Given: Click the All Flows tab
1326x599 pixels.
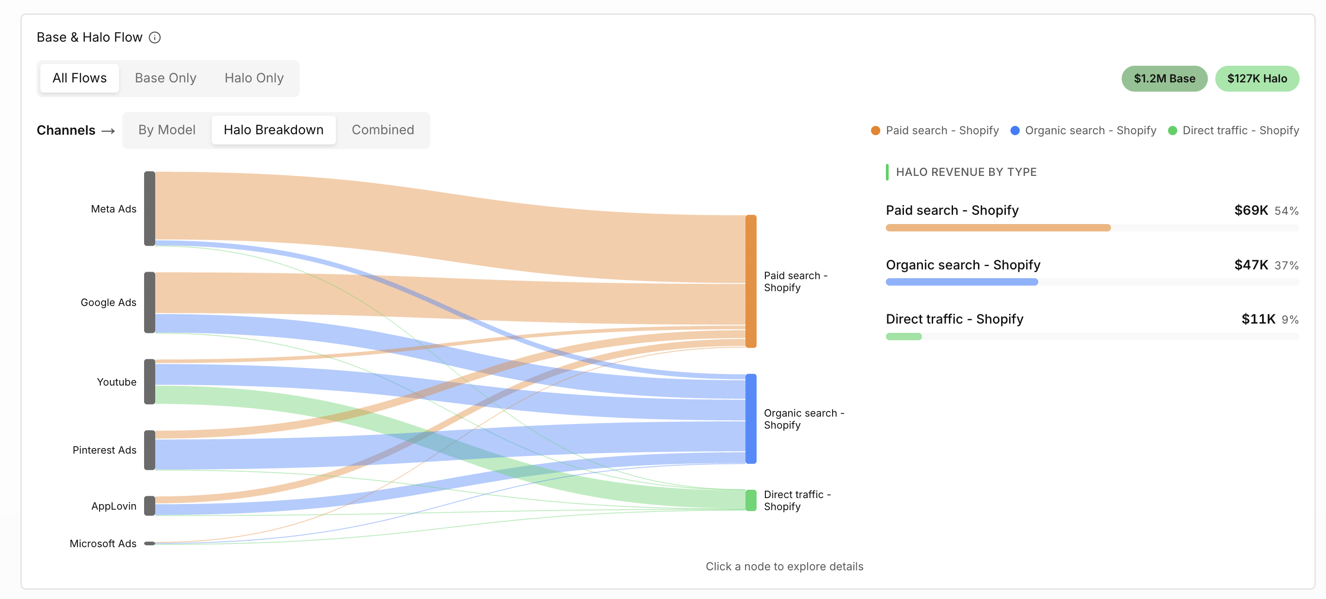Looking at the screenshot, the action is tap(79, 78).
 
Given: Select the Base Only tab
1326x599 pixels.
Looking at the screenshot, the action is tap(165, 78).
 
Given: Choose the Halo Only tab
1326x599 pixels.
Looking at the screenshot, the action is tap(254, 78).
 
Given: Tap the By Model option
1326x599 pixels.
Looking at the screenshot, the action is tap(167, 130).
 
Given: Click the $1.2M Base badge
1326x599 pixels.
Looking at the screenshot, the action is tap(1164, 79).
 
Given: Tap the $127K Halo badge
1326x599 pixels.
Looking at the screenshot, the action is tap(1257, 79).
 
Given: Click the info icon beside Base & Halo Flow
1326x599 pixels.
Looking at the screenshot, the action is tap(154, 37).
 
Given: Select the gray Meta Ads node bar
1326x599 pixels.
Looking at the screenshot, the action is tap(149, 209).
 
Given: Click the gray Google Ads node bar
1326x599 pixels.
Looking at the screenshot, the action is tap(149, 302).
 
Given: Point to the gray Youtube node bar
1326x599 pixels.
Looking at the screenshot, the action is tap(149, 381).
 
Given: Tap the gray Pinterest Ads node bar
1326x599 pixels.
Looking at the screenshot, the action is tap(149, 450).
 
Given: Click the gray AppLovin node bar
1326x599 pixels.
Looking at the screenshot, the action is tap(149, 506).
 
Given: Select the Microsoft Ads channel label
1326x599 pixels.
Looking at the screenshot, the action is tap(103, 543).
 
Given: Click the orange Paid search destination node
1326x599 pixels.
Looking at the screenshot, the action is tap(751, 281).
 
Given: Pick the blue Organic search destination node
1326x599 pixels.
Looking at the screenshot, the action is tap(751, 418).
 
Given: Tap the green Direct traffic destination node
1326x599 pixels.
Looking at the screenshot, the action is tap(751, 500).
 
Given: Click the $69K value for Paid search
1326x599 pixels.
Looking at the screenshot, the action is tap(1251, 210).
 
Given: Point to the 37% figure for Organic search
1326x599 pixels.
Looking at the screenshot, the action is tap(1286, 265).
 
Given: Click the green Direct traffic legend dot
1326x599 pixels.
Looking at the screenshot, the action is tap(1173, 131).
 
